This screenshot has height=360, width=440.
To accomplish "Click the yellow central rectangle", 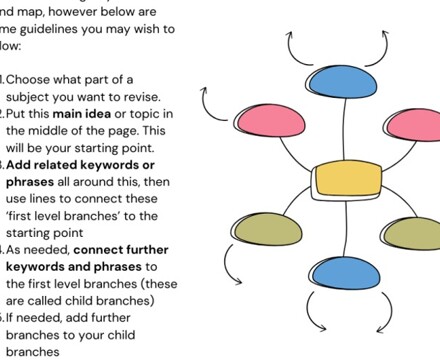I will click(346, 181).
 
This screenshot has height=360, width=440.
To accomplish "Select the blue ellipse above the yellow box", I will click(342, 81).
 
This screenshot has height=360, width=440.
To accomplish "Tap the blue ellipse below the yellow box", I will click(346, 273).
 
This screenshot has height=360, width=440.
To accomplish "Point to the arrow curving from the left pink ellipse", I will click(212, 101).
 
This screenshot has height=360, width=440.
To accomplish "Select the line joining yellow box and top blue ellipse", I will click(344, 129).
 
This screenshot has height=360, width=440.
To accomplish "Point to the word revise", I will click(151, 96).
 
